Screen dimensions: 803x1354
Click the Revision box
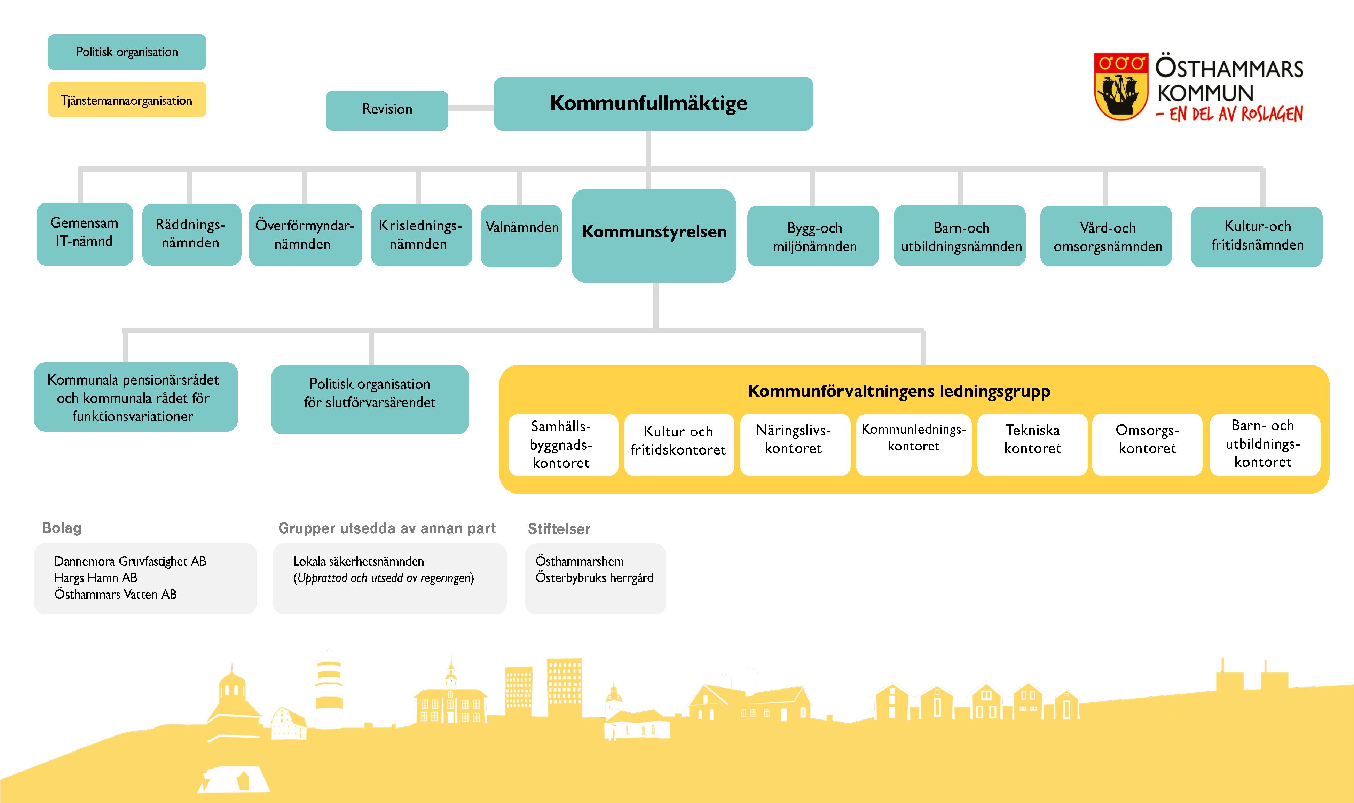pyautogui.click(x=387, y=110)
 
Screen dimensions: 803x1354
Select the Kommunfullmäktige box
pyautogui.click(x=653, y=103)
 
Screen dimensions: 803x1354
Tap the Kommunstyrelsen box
pyautogui.click(x=653, y=235)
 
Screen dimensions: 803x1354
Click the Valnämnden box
pyautogui.click(x=521, y=235)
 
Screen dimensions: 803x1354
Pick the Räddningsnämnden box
pyautogui.click(x=191, y=234)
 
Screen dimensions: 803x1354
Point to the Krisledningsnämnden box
pyautogui.click(x=421, y=234)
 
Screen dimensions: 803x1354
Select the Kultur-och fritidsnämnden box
pyautogui.click(x=1256, y=236)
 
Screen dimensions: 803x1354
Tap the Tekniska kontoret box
pyautogui.click(x=1032, y=444)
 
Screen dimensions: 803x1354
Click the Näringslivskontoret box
pyautogui.click(x=794, y=444)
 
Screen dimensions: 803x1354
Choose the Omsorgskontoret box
pyautogui.click(x=1147, y=444)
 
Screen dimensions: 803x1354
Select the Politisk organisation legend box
pyautogui.click(x=127, y=52)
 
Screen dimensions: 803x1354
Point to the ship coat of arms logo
pyautogui.click(x=1120, y=87)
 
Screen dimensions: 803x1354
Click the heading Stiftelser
pyautogui.click(x=559, y=529)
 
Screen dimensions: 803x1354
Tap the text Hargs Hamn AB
pyautogui.click(x=96, y=577)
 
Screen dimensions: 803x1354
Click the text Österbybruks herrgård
pyautogui.click(x=594, y=577)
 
